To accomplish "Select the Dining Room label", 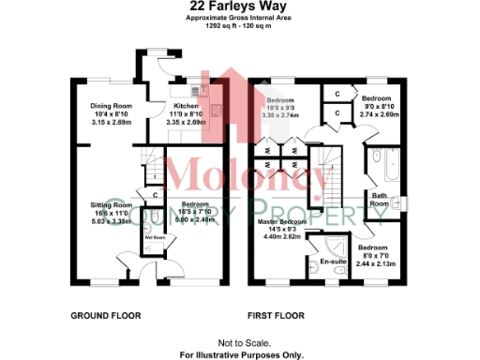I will click(x=111, y=107).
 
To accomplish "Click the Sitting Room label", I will click(x=111, y=204).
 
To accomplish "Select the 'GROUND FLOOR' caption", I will click(x=106, y=316).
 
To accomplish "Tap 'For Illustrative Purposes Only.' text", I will click(x=239, y=355).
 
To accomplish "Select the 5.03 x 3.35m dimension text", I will click(x=111, y=221).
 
